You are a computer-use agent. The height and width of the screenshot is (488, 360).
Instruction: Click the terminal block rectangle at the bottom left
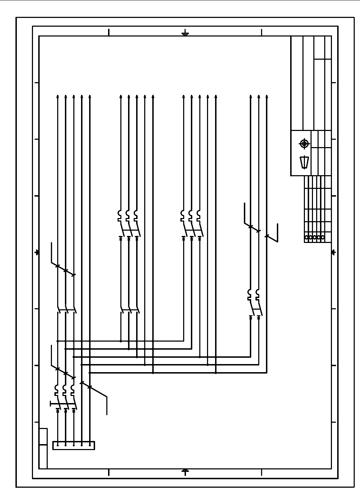pos(74,445)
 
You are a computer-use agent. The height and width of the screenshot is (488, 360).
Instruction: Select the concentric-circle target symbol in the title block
pos(304,144)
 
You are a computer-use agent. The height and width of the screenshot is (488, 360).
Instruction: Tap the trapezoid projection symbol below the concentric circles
pos(304,163)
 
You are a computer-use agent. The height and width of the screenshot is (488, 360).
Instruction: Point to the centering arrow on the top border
pos(185,34)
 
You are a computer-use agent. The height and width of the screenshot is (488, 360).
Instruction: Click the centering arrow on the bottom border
pos(186,471)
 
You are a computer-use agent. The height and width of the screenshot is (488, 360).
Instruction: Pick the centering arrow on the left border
pos(37,252)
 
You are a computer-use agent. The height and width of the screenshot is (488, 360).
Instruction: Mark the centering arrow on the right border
pos(333,252)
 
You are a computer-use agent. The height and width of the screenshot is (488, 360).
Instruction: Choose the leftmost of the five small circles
pos(307,237)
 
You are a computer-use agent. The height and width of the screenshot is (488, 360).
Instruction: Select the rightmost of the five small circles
pos(323,237)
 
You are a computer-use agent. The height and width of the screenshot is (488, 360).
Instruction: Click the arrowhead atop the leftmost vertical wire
pos(58,96)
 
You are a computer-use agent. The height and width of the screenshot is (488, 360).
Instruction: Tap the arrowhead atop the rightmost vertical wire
pos(267,96)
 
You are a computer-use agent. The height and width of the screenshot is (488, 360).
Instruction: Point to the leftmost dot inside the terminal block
pos(58,445)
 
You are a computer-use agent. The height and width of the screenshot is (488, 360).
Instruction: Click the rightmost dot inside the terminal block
pos(90,445)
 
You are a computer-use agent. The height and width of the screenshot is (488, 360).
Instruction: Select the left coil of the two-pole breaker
pos(249,292)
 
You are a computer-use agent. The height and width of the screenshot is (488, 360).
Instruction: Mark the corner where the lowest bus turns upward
pos(267,372)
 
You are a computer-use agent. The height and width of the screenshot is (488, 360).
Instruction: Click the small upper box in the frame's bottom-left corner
pos(43,436)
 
